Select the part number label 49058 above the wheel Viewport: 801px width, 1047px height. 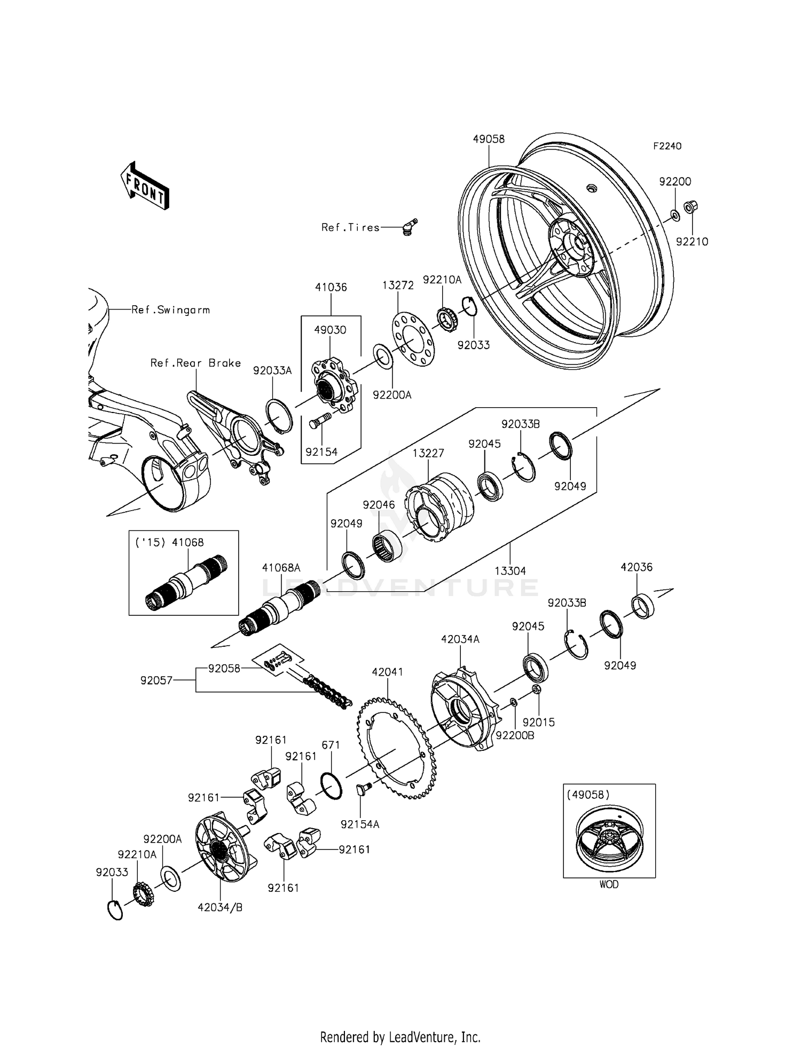tap(489, 139)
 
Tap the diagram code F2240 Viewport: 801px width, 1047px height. tap(667, 146)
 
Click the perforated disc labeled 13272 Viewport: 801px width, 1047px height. tap(413, 340)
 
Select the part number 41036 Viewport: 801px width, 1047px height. tap(331, 287)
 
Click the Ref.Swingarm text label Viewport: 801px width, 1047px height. tap(171, 310)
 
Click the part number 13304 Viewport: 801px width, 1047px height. tap(510, 571)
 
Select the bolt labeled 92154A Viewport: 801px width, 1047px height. tap(363, 791)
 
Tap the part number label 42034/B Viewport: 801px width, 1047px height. tap(220, 907)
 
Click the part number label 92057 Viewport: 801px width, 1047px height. tap(156, 680)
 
